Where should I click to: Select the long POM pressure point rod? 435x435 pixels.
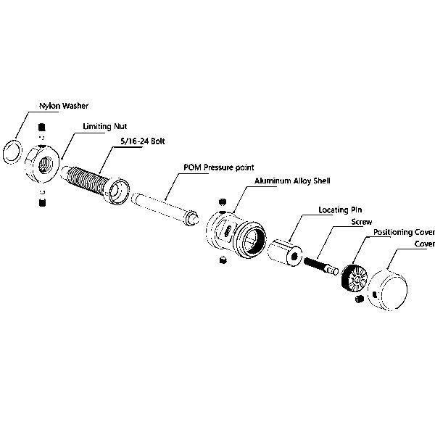pyautogui.click(x=163, y=207)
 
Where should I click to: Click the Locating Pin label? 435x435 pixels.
pyautogui.click(x=336, y=209)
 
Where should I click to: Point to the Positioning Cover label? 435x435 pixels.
pyautogui.click(x=403, y=233)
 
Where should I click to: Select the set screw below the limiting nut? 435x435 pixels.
pyautogui.click(x=41, y=204)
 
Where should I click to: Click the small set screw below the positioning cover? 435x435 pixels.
pyautogui.click(x=358, y=300)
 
